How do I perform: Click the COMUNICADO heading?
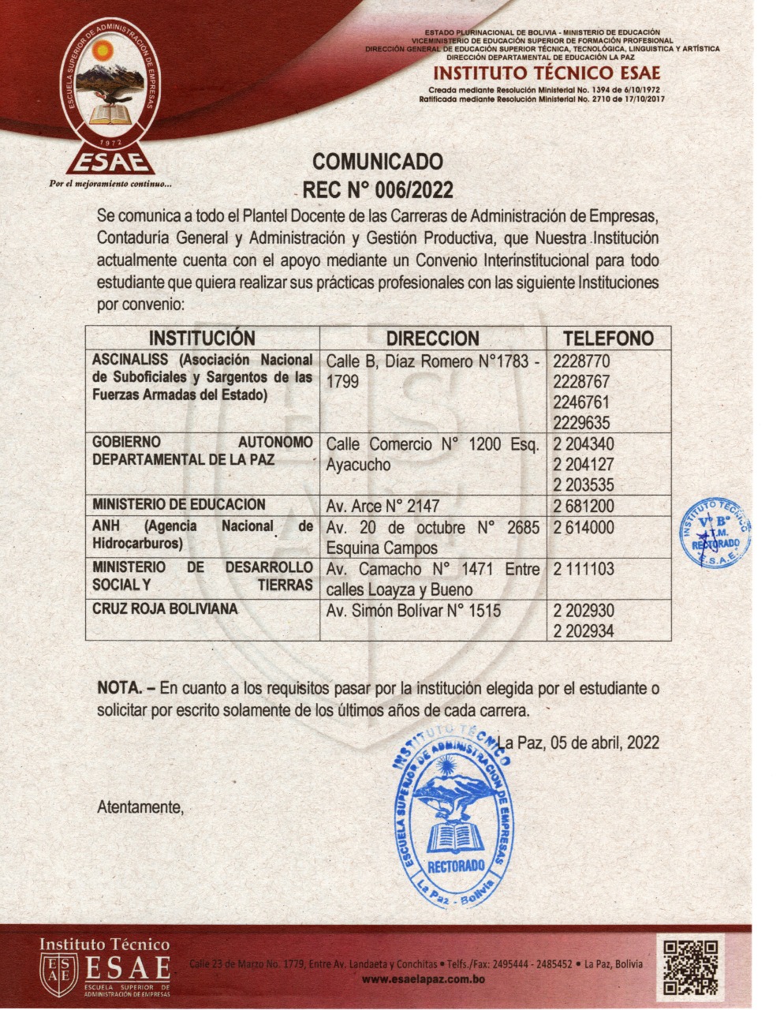(x=378, y=162)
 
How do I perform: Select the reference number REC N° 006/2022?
(x=378, y=190)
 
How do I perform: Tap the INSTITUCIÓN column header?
(x=202, y=339)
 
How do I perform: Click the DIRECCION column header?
(x=432, y=339)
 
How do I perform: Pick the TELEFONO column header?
(x=608, y=339)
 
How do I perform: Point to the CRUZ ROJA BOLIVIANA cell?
(x=165, y=610)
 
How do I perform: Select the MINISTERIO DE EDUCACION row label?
(x=179, y=505)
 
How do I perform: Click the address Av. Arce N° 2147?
(x=383, y=506)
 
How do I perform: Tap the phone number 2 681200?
(x=584, y=506)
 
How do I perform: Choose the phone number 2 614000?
(x=584, y=527)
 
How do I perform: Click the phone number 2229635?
(x=582, y=422)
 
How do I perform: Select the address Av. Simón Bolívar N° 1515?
(x=413, y=611)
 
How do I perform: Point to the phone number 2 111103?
(x=584, y=569)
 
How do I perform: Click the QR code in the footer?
(x=691, y=967)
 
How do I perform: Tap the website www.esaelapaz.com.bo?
(x=423, y=980)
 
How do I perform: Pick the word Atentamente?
(x=140, y=807)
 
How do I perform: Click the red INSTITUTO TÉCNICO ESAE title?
(x=547, y=74)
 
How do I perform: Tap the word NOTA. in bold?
(x=118, y=689)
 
